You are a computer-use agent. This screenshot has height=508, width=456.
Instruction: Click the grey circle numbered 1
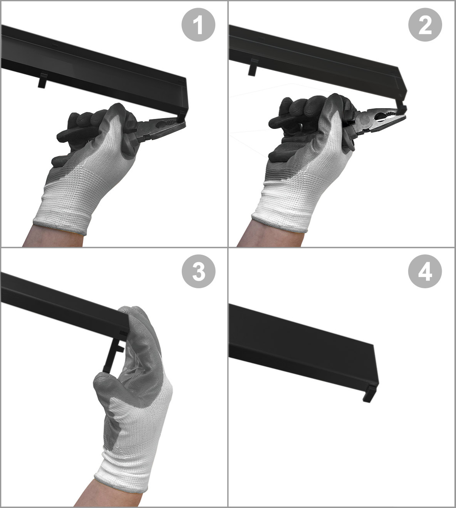click(x=198, y=25)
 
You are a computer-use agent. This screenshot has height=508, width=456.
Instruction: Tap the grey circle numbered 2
click(x=425, y=25)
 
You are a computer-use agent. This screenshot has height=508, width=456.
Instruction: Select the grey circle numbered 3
click(x=198, y=271)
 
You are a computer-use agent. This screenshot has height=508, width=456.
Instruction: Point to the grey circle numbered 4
click(x=425, y=271)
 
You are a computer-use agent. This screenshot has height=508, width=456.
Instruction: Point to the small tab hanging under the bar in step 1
click(x=42, y=80)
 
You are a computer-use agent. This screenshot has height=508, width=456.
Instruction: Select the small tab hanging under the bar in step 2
click(x=253, y=67)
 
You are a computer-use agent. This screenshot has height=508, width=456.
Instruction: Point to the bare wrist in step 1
click(x=54, y=237)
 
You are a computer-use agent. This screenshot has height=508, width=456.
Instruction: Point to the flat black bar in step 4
click(x=303, y=351)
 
